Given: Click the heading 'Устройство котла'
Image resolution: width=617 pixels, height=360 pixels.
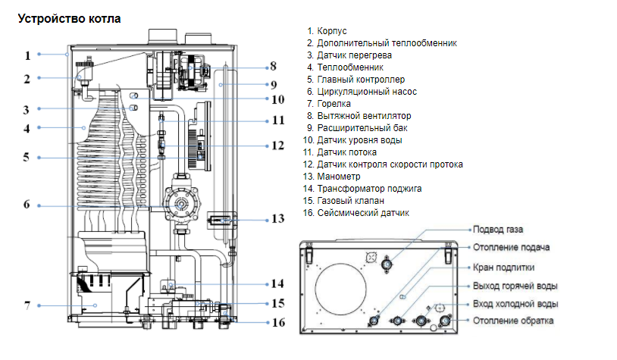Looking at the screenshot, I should (x=69, y=17).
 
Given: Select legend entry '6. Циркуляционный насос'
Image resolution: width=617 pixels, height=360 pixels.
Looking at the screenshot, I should (x=362, y=92).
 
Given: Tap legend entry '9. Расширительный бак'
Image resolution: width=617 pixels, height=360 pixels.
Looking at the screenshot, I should (x=359, y=128).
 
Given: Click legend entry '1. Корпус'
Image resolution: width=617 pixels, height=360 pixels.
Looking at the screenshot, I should (x=327, y=31).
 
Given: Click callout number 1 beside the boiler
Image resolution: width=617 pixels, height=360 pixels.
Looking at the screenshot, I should (x=27, y=55).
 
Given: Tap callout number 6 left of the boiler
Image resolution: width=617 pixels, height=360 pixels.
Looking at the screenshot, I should (x=27, y=205).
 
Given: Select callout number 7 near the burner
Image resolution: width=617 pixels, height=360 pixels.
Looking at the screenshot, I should (x=27, y=305).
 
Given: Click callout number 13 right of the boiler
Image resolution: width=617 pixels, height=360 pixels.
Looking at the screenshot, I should (x=277, y=219).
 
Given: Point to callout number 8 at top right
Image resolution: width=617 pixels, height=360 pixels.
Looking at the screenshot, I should (x=273, y=66).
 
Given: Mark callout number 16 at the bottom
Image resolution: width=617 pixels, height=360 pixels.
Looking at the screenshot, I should (x=277, y=322).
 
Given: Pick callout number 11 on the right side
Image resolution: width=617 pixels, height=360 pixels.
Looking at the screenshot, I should (x=277, y=120).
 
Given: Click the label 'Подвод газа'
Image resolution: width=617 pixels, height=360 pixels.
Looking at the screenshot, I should (x=497, y=229).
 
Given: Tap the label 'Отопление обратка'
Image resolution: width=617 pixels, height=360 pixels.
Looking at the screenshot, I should (x=512, y=321).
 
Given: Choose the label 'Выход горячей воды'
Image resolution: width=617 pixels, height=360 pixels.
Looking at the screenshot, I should (x=515, y=286).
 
